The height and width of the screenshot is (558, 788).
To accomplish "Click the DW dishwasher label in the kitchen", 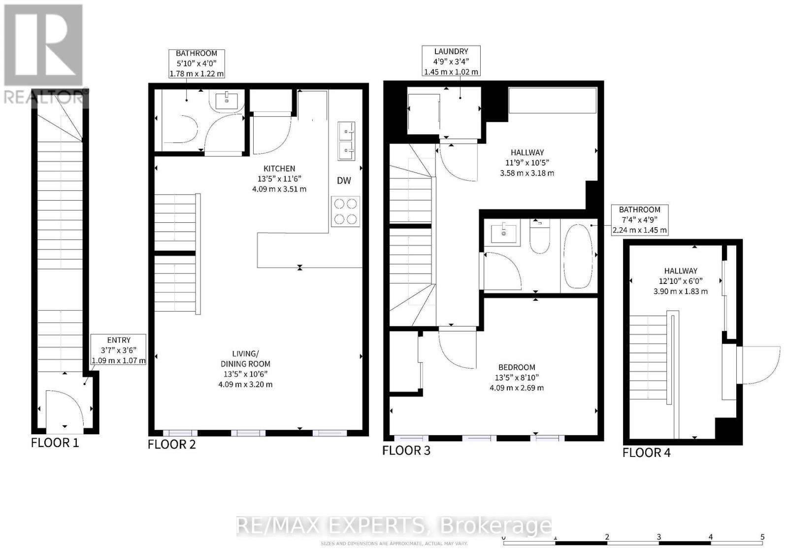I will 344,180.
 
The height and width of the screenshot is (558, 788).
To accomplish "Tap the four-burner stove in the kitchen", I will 345,211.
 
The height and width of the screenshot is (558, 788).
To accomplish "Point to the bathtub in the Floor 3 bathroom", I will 578,256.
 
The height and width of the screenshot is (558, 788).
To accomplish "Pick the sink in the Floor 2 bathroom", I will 227,101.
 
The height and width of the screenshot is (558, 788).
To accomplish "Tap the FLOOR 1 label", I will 55,443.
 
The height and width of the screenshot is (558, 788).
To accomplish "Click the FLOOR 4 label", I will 646,453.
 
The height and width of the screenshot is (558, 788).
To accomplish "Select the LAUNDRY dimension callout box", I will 451,61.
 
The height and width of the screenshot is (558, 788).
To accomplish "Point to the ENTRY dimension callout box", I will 119,350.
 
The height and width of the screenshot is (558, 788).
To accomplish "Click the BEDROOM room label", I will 517,367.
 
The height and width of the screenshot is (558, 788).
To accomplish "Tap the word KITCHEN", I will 279,169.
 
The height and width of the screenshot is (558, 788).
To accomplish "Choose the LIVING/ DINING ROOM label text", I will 245,359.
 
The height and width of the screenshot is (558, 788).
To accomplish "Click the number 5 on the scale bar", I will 762,537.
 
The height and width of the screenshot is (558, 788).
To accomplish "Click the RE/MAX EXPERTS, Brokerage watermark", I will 394,526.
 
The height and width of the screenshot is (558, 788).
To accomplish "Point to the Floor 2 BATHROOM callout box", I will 197,63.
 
